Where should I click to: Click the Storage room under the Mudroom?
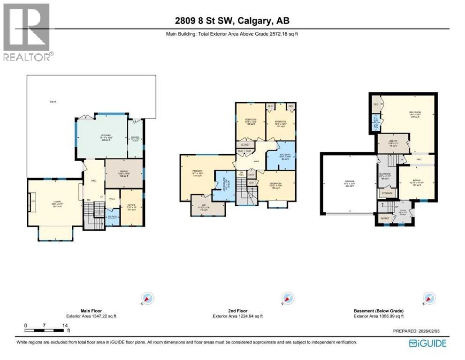387,193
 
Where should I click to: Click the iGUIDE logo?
427,343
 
